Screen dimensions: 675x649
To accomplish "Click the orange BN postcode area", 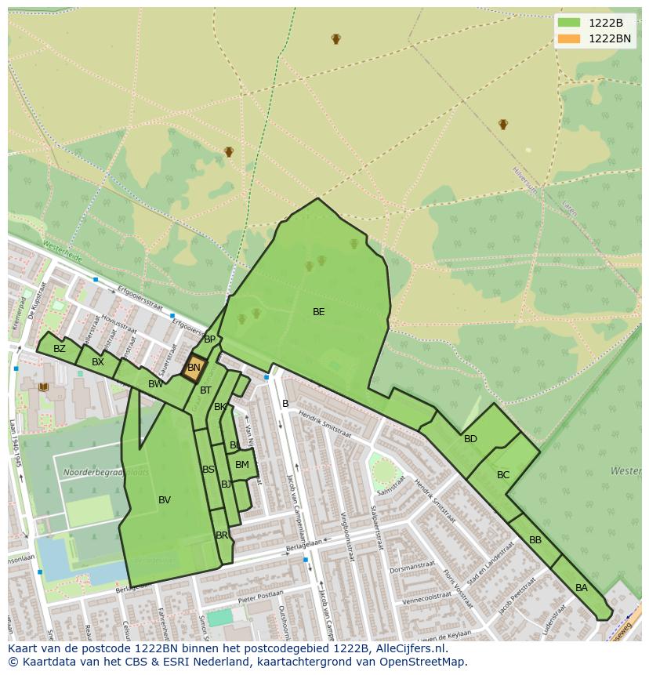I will pyautogui.click(x=194, y=367).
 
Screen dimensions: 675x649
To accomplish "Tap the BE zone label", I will pyautogui.click(x=318, y=312).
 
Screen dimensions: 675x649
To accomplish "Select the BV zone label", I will pyautogui.click(x=165, y=500).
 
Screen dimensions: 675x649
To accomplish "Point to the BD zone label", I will pyautogui.click(x=470, y=439).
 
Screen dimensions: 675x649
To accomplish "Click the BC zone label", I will pyautogui.click(x=503, y=475).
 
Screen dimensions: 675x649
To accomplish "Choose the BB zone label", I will pyautogui.click(x=535, y=540).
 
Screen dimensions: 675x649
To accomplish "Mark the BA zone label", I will pyautogui.click(x=582, y=588).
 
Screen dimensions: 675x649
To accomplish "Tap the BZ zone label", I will pyautogui.click(x=60, y=349).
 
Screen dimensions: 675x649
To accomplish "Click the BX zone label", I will pyautogui.click(x=98, y=362).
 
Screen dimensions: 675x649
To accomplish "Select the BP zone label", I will pyautogui.click(x=209, y=339).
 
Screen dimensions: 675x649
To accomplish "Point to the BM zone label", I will pyautogui.click(x=242, y=465).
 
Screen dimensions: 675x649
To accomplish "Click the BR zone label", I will pyautogui.click(x=222, y=535).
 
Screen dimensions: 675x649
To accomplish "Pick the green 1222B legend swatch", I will pyautogui.click(x=569, y=23).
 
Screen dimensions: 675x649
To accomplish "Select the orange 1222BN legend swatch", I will pyautogui.click(x=569, y=38).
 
